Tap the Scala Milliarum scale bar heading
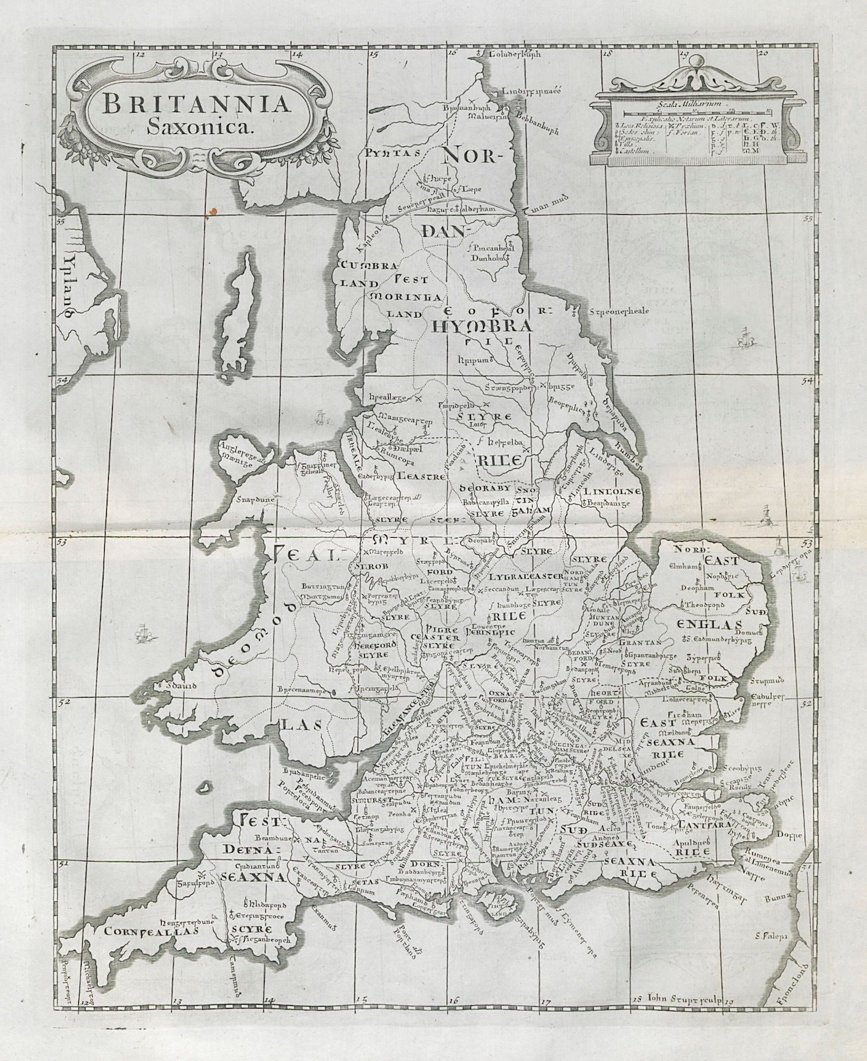pos(685,103)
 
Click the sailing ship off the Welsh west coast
pos(141,635)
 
